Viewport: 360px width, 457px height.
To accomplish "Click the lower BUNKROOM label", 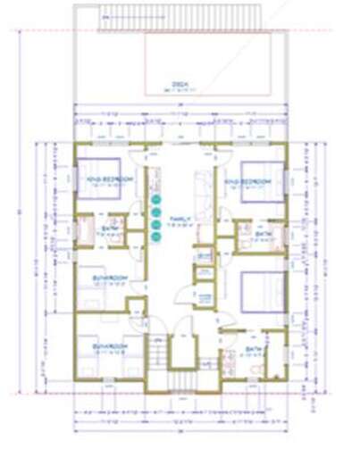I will (108, 345).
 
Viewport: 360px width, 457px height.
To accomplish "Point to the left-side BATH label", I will (111, 228).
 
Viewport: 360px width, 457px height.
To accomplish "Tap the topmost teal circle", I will (155, 200).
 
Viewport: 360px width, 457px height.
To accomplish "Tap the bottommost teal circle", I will (155, 237).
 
